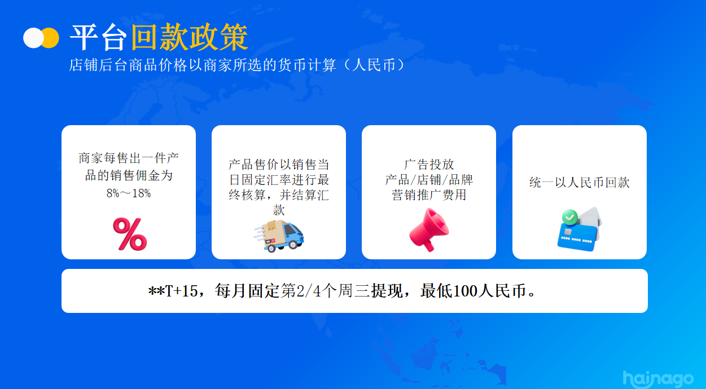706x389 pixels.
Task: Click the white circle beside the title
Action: (33, 38)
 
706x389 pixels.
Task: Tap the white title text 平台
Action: (98, 37)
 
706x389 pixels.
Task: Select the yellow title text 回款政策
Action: (190, 37)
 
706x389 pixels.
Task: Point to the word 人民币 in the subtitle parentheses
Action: (374, 65)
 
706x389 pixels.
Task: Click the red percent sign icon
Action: (130, 234)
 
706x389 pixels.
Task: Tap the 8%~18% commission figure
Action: (129, 193)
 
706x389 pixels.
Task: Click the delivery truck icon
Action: (279, 236)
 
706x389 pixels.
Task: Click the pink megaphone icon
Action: (429, 230)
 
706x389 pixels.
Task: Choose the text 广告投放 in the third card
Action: (429, 165)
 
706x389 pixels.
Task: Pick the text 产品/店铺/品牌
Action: (429, 180)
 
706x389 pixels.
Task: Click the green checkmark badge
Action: (570, 218)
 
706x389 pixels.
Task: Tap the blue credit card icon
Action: (577, 237)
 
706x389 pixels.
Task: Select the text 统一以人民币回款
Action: (580, 182)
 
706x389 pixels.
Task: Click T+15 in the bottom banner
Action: (181, 291)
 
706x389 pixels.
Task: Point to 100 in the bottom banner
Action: (465, 291)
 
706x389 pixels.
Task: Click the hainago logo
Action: (658, 379)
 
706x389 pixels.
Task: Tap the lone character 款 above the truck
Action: (279, 210)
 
